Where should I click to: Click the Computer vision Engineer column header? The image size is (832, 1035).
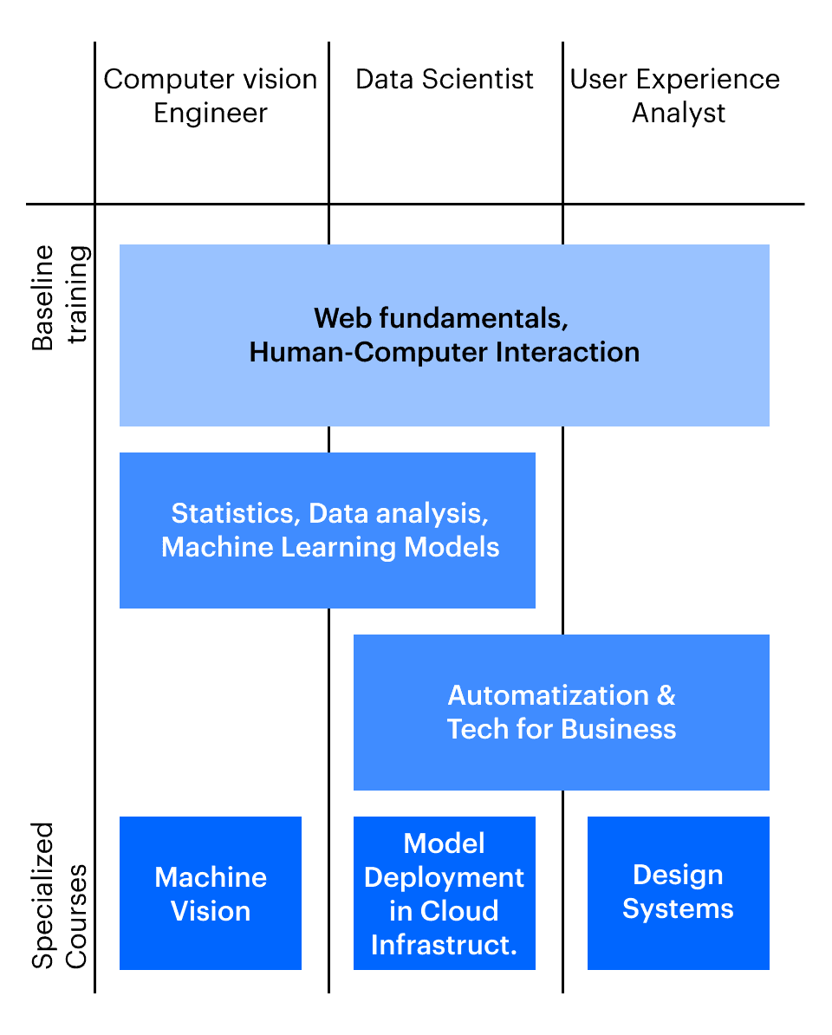click(211, 95)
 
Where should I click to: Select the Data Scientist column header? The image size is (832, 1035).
click(445, 80)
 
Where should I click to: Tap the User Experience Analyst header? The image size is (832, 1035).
click(675, 95)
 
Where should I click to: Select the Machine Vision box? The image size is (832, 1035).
click(211, 893)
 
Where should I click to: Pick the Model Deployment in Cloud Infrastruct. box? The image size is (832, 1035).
click(445, 893)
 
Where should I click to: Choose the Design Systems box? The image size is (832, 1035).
click(678, 891)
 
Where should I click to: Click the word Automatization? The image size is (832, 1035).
click(549, 695)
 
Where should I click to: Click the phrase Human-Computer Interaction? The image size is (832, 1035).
click(445, 353)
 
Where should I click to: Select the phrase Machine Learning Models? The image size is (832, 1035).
click(330, 547)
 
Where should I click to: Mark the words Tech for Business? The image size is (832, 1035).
click(562, 728)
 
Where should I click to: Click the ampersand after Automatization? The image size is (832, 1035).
click(666, 695)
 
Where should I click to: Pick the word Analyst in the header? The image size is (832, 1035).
click(679, 113)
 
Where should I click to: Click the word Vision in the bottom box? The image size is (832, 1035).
click(211, 911)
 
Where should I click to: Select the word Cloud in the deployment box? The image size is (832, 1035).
click(458, 911)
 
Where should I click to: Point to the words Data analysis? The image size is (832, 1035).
click(400, 513)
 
